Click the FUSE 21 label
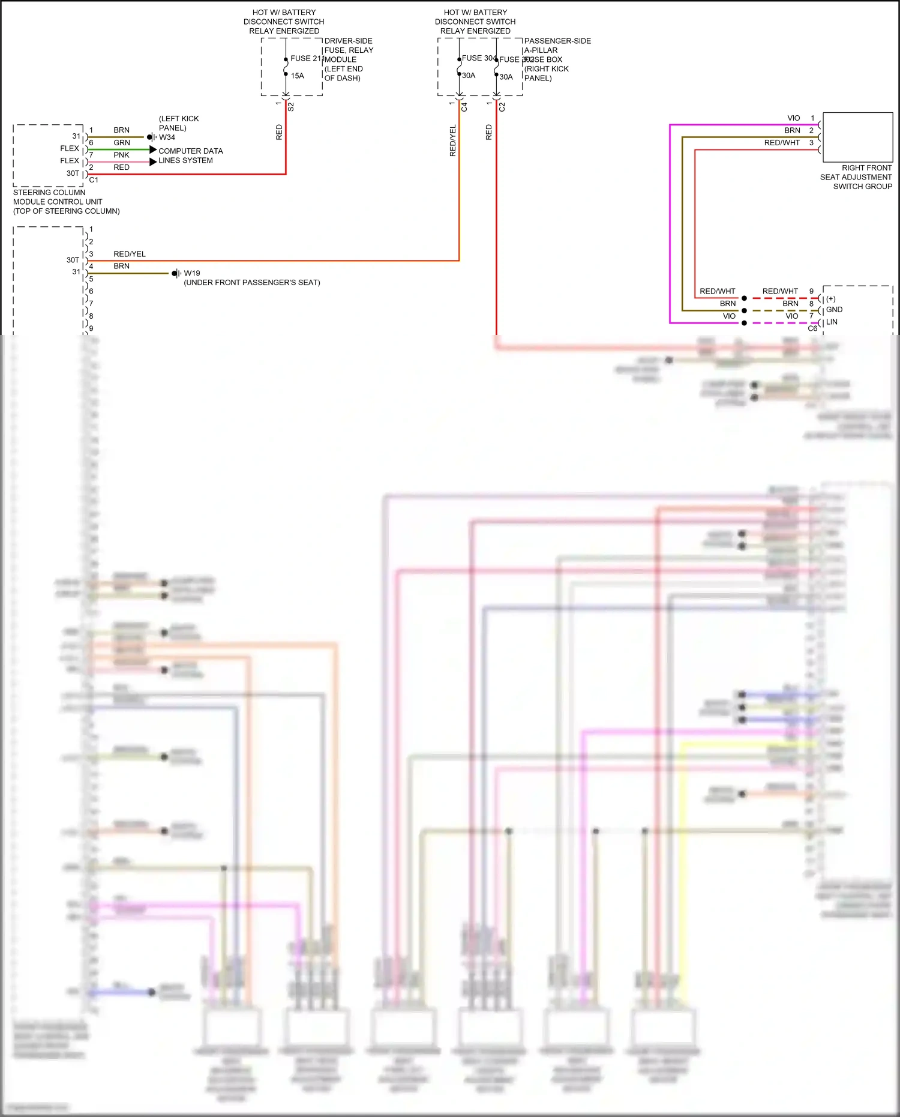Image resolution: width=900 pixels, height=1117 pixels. [x=306, y=58]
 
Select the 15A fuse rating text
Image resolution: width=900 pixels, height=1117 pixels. [x=298, y=76]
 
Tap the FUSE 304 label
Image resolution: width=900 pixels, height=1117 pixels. [x=478, y=58]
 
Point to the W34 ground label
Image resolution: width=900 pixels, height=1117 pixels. [x=167, y=137]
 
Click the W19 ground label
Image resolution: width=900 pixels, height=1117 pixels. [x=192, y=273]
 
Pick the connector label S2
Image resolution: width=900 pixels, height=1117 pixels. [x=291, y=107]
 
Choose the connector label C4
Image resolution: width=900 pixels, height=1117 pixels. [x=464, y=107]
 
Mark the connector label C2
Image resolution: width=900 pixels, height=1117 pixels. [x=502, y=107]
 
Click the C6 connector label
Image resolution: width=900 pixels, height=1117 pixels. [x=812, y=328]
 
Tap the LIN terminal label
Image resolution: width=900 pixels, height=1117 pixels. [x=832, y=322]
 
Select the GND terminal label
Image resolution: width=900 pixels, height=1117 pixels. [x=834, y=310]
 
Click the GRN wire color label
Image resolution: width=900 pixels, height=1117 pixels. [x=122, y=143]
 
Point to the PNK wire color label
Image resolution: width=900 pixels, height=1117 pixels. [x=122, y=155]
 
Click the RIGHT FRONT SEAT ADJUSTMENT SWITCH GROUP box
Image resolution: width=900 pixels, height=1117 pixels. [x=857, y=137]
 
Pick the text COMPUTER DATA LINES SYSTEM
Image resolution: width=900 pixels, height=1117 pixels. [x=190, y=155]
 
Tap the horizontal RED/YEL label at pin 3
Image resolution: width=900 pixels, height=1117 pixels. [x=130, y=254]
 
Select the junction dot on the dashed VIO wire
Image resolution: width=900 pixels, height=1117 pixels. [x=744, y=323]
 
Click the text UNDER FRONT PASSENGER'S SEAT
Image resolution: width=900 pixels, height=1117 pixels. [x=252, y=283]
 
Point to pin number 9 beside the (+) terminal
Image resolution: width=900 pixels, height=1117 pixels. [x=812, y=291]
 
